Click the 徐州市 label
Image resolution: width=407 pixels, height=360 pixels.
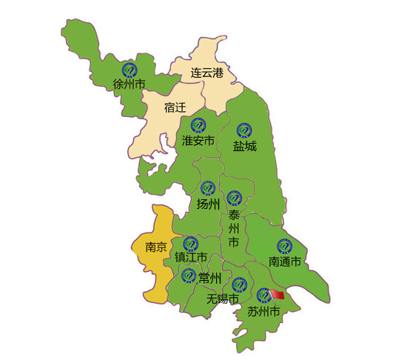[x=129, y=84]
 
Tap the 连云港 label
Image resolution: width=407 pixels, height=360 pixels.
[x=206, y=73]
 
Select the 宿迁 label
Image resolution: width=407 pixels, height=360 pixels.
[x=175, y=107]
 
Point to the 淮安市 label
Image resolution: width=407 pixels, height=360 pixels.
[x=198, y=141]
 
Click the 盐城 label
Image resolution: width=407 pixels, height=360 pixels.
[x=245, y=146]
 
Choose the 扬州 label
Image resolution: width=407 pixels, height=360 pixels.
[x=209, y=204]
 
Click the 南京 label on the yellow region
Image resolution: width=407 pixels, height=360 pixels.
[x=156, y=247]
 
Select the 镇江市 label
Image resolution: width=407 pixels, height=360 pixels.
[x=190, y=258]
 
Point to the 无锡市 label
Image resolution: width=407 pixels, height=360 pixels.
[x=223, y=299]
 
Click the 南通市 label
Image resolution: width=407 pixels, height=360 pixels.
[x=284, y=261]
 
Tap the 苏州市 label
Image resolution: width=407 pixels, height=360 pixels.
[x=263, y=313]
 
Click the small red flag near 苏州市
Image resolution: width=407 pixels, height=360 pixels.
[x=277, y=295]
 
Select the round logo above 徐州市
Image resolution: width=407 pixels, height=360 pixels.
[x=129, y=68]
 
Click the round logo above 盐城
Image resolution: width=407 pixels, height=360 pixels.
[x=244, y=130]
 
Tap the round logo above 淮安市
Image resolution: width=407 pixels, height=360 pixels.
[x=198, y=125]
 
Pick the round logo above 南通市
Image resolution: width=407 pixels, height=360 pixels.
[x=284, y=246]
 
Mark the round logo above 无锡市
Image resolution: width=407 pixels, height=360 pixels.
[x=239, y=284]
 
